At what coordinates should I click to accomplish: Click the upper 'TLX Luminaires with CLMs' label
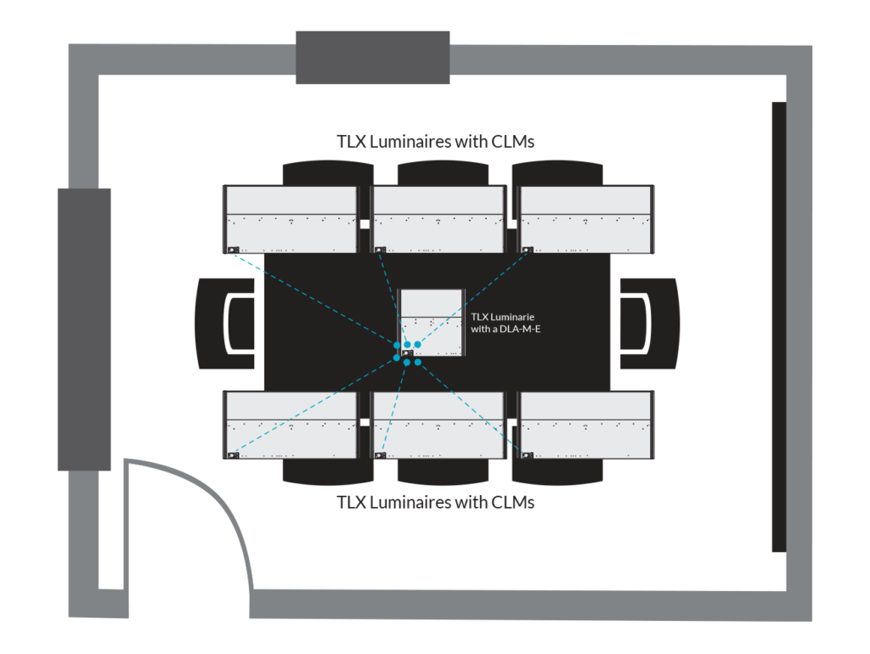click(x=436, y=142)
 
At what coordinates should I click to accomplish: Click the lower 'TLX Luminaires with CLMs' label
click(x=436, y=503)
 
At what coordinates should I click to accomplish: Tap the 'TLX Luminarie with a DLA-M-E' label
click(x=506, y=323)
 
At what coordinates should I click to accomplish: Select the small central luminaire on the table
click(x=431, y=322)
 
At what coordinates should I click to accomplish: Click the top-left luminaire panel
click(x=291, y=220)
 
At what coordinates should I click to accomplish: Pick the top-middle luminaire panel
click(x=439, y=220)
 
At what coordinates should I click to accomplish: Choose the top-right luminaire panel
click(x=586, y=220)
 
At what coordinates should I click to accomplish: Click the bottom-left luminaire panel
click(x=291, y=425)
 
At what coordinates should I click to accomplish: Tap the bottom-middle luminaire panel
click(x=439, y=425)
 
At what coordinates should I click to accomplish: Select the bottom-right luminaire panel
click(x=586, y=425)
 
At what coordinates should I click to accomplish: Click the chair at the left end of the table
click(x=224, y=324)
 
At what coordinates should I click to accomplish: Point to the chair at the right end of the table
click(x=650, y=324)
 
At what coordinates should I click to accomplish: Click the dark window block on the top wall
click(x=372, y=58)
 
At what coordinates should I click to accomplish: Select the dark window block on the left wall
click(x=84, y=330)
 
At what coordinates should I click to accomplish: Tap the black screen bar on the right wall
click(x=779, y=327)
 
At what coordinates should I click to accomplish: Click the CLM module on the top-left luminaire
click(x=233, y=251)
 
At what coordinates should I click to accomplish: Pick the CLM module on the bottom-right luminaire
click(x=528, y=455)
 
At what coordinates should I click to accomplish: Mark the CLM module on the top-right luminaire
click(x=528, y=251)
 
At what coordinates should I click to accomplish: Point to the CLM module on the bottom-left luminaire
click(x=233, y=455)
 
